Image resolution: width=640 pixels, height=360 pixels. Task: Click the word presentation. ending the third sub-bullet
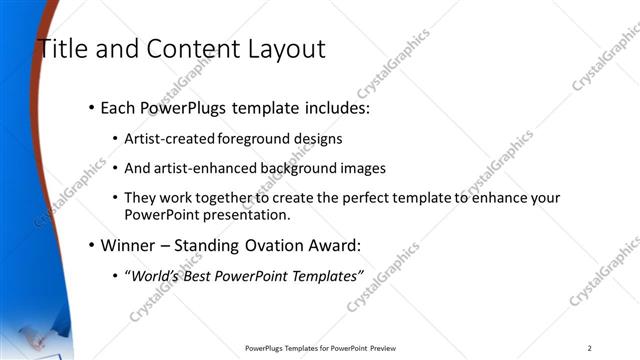[253, 214]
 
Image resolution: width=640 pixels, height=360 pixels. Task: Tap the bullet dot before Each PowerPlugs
[91, 106]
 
